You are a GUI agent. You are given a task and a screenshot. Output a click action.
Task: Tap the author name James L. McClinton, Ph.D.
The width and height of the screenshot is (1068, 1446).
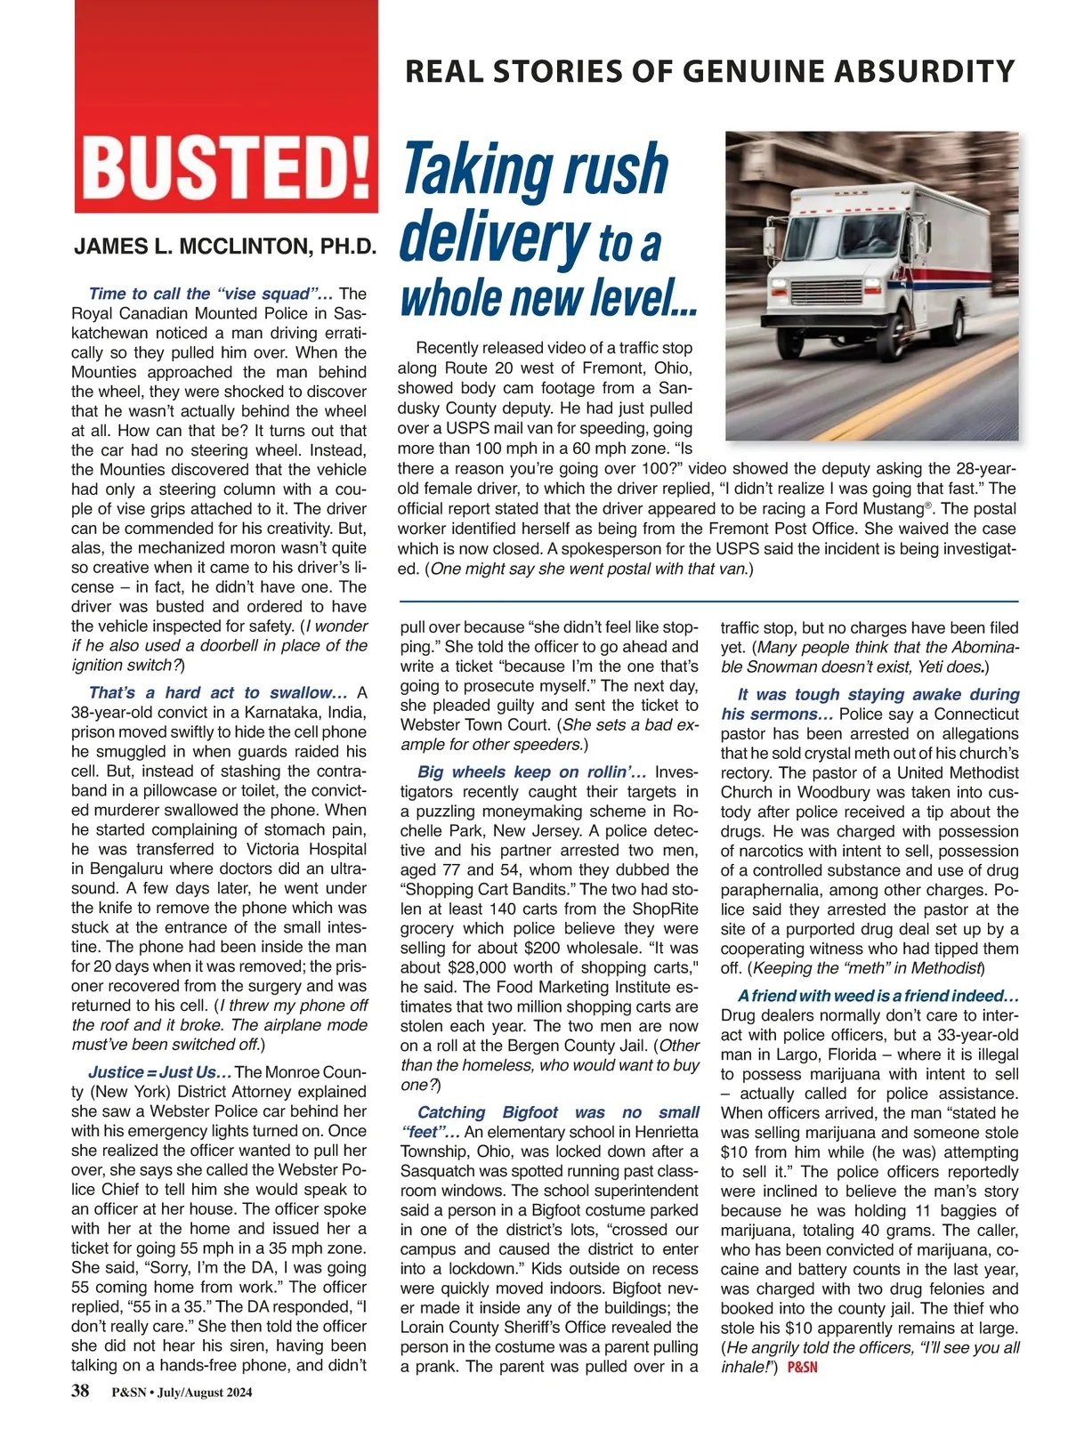click(226, 246)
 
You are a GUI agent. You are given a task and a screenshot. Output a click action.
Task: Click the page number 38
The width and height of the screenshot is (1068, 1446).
click(80, 1392)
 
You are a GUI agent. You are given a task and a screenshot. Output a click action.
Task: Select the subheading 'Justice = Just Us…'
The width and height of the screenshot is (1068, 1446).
click(160, 1072)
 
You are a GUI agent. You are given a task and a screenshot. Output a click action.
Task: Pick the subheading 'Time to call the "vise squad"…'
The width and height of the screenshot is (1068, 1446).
click(211, 294)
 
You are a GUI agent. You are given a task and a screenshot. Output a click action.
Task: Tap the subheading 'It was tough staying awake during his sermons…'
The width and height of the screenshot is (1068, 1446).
click(870, 704)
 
